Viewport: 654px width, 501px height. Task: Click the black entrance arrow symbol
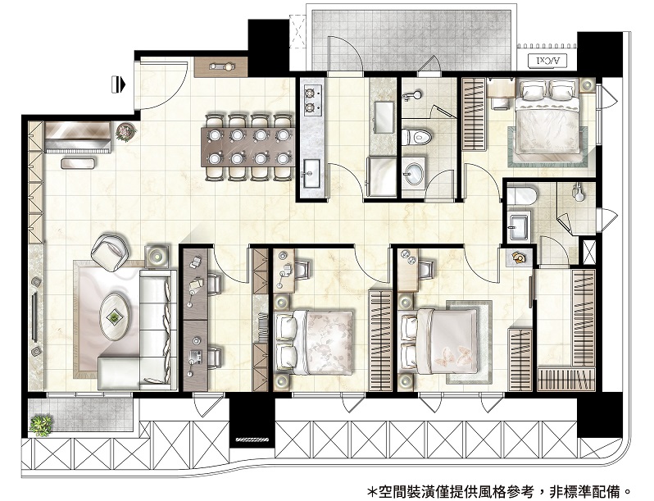coord(120,84)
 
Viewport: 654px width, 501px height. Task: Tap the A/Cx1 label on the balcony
coord(547,61)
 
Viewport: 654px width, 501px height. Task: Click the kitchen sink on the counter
coord(311,173)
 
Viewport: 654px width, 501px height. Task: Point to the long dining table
coord(248,147)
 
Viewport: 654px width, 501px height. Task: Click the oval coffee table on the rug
coord(113,317)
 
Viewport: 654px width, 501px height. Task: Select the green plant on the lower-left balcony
coord(42,425)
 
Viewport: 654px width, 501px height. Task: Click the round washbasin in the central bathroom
coord(414,171)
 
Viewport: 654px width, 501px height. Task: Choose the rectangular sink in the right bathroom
coord(520,226)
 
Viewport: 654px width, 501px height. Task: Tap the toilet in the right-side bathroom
coord(522,195)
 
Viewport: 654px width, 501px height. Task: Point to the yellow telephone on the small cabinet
coord(519,257)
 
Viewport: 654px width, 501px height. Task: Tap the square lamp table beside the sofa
coord(157,257)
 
